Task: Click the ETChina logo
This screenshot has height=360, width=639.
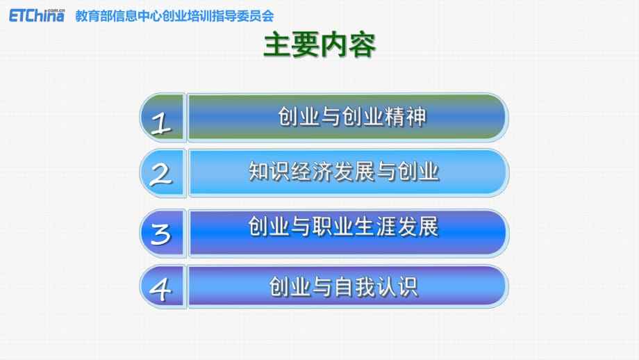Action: click(x=37, y=14)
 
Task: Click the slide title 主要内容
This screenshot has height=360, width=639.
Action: click(x=319, y=47)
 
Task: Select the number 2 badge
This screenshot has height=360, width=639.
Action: click(x=162, y=174)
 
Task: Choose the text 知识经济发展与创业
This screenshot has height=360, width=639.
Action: click(x=344, y=171)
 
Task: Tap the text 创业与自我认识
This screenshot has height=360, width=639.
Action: click(x=344, y=286)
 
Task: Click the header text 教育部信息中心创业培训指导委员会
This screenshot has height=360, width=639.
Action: click(x=175, y=15)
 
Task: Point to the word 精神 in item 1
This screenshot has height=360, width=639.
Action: click(x=406, y=117)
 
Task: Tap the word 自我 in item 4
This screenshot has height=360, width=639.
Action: click(x=345, y=286)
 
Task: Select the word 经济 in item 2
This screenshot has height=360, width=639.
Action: click(x=306, y=171)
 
